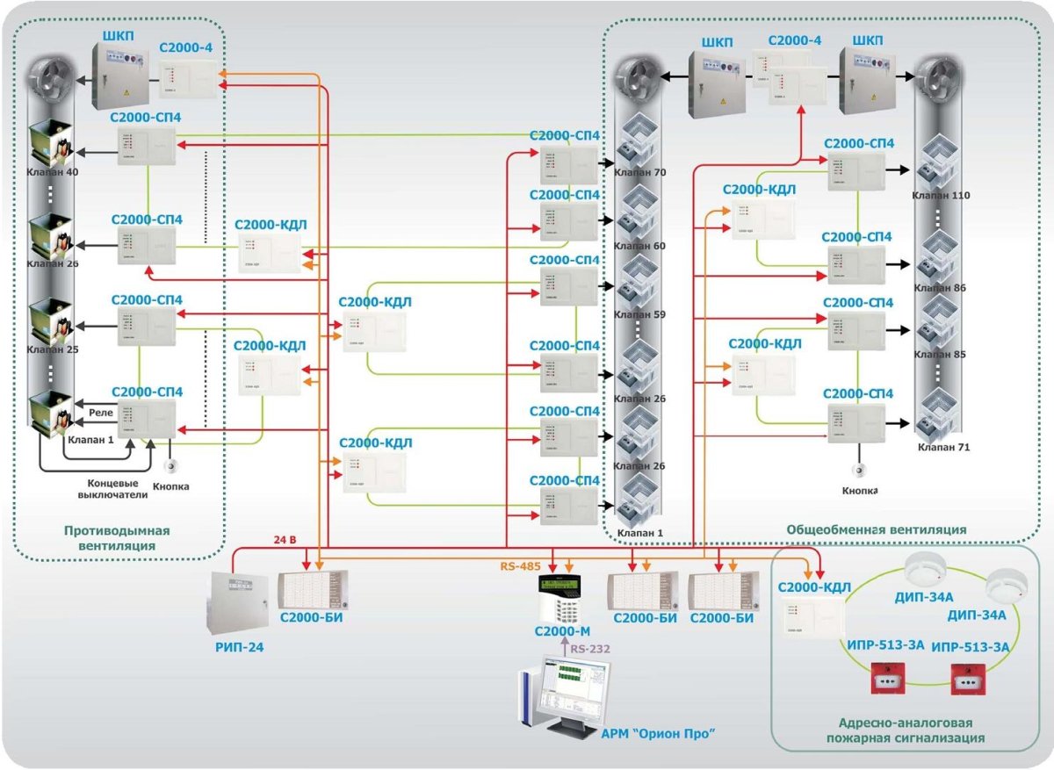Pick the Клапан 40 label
(53, 172)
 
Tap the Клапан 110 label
(941, 195)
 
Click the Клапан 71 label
(943, 447)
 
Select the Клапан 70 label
(640, 173)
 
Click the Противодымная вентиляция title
(116, 538)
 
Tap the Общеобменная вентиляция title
(876, 529)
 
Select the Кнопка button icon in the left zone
(174, 466)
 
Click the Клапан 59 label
(640, 313)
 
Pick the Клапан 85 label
(941, 356)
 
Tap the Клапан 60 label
(640, 246)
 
